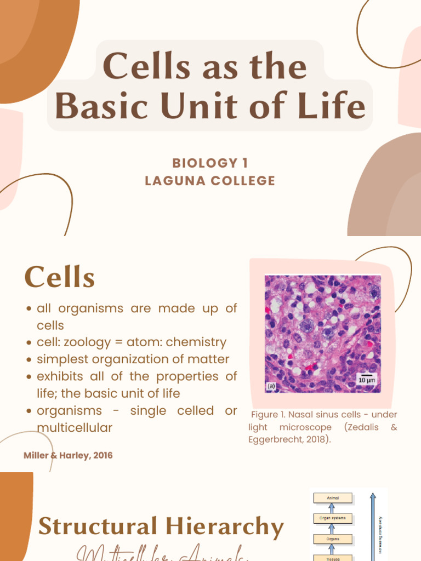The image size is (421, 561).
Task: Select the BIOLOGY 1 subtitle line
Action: (x=210, y=163)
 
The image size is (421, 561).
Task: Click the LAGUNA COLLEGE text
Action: (x=210, y=181)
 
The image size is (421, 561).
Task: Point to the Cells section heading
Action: (x=60, y=277)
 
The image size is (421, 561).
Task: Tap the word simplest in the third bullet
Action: (x=60, y=359)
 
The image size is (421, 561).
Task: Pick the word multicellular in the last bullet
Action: (x=74, y=427)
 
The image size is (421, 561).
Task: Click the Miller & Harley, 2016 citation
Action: (x=69, y=455)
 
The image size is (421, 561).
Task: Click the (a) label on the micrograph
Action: (x=271, y=386)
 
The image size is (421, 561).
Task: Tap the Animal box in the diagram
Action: (x=333, y=497)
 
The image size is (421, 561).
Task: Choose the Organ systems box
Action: (x=333, y=517)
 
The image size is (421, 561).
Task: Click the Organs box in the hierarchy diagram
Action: (x=333, y=539)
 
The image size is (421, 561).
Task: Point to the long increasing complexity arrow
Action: (x=373, y=526)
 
